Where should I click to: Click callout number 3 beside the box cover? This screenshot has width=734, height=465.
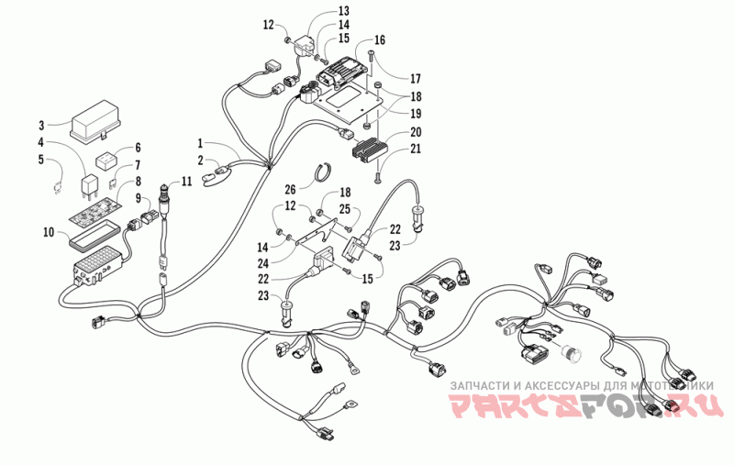click(42, 125)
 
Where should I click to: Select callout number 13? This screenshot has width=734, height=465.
click(318, 11)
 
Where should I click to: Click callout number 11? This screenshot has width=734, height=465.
click(186, 182)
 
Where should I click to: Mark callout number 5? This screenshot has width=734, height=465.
click(42, 159)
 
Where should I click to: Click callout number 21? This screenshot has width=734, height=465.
click(416, 149)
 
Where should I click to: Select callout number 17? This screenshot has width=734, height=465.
click(416, 78)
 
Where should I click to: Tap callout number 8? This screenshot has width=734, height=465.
click(138, 183)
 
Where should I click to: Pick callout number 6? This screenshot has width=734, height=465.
click(138, 148)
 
